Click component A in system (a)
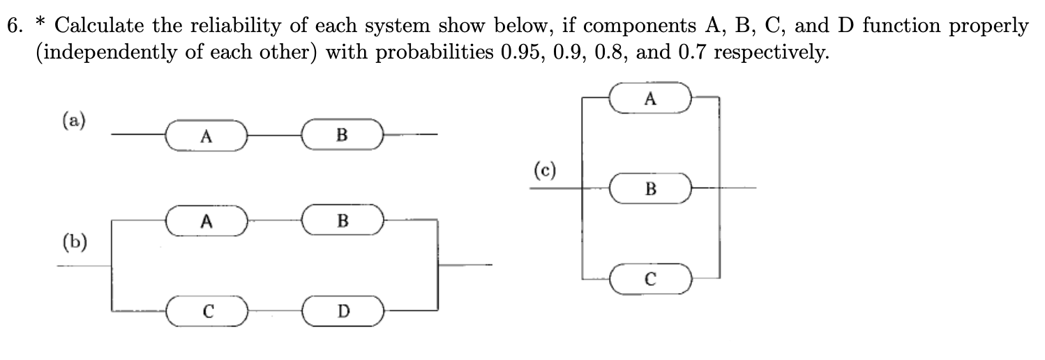(205, 135)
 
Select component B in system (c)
(650, 188)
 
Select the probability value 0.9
(574, 53)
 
